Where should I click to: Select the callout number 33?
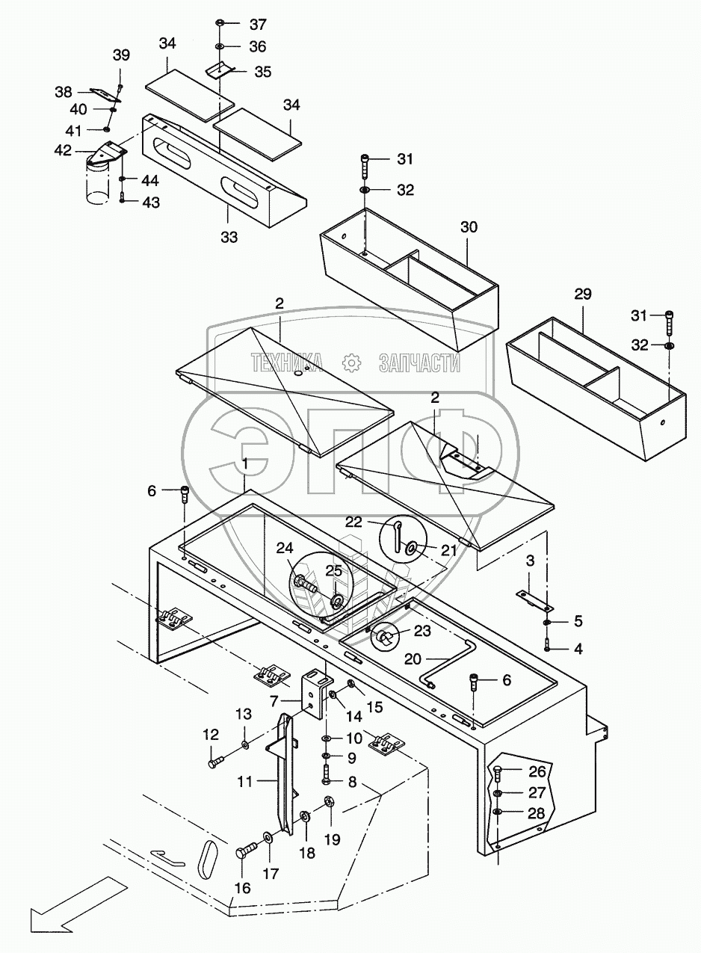pyautogui.click(x=229, y=237)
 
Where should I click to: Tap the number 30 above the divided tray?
pyautogui.click(x=469, y=227)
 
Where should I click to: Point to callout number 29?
pyautogui.click(x=582, y=294)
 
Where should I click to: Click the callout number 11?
pyautogui.click(x=246, y=782)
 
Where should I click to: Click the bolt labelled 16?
pyautogui.click(x=247, y=851)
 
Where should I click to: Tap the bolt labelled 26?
pyautogui.click(x=498, y=773)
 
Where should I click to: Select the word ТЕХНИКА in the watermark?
pyautogui.click(x=287, y=363)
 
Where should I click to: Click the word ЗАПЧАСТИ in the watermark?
pyautogui.click(x=419, y=363)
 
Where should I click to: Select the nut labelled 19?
pyautogui.click(x=327, y=803)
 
